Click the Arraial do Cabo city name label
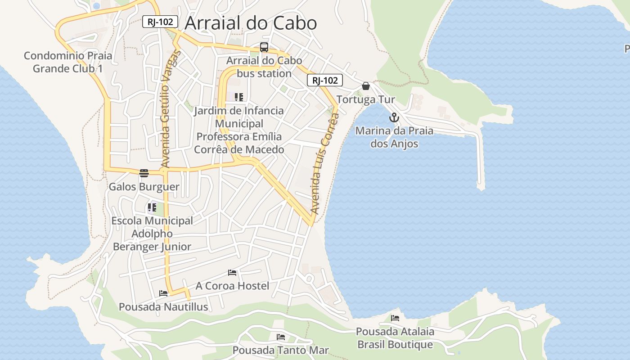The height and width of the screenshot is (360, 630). tap(251, 23)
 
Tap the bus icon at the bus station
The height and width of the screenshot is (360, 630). tap(264, 47)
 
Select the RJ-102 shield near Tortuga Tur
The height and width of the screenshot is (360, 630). tap(325, 81)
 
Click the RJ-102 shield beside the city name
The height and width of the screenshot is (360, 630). tap(160, 22)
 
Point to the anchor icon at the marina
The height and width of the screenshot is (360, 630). tap(394, 118)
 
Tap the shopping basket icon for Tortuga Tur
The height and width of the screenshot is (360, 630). tap(366, 86)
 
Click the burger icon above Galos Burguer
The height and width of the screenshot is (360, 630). tap(144, 173)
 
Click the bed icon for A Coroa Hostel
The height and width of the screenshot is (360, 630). tap(232, 273)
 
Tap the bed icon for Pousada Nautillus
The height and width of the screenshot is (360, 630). tap(163, 294)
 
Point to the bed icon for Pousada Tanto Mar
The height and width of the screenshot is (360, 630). tap(281, 337)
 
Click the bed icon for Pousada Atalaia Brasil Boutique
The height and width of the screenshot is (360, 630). tap(395, 318)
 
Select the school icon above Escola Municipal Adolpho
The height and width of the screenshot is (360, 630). tap(152, 207)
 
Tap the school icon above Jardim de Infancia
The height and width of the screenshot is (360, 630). tap(239, 97)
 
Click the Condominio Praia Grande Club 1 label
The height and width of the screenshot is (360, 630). tap(68, 62)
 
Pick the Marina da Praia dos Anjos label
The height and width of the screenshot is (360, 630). tap(394, 137)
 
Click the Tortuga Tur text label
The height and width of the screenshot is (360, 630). tap(366, 99)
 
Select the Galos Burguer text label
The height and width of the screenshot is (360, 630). tap(144, 187)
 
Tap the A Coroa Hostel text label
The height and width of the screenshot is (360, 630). tap(232, 286)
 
